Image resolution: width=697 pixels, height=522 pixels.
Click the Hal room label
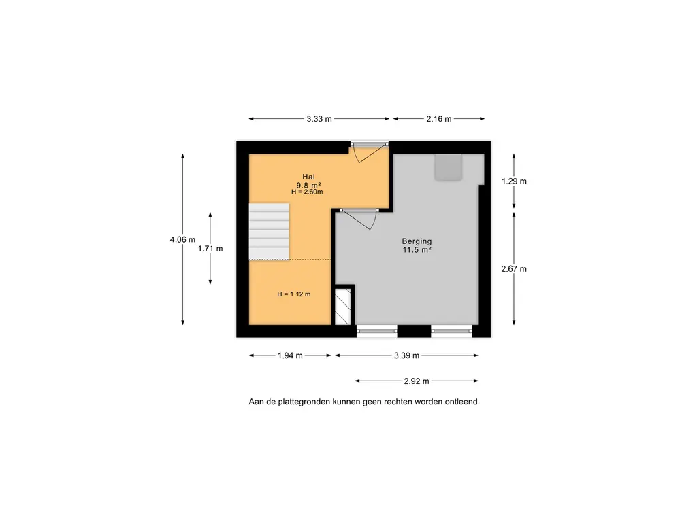point(308,177)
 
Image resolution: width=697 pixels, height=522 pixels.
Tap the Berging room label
point(417,241)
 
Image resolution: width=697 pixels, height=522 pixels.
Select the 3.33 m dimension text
point(319,119)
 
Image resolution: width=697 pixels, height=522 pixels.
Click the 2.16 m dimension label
point(439,119)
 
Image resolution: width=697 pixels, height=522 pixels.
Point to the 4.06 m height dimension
point(182,240)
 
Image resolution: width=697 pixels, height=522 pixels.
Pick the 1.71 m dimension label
point(210,249)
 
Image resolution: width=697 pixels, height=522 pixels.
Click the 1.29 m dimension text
point(514,181)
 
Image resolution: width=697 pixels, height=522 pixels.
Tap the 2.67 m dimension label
point(514,269)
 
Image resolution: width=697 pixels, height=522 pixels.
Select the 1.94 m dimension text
point(290,355)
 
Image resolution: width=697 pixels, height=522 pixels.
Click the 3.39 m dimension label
point(407,355)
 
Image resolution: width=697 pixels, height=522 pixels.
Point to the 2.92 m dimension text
point(417,381)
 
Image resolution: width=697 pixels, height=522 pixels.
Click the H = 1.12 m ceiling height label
point(294,294)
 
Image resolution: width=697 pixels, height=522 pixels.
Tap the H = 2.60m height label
point(307,192)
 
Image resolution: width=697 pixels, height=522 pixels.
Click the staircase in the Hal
point(269,232)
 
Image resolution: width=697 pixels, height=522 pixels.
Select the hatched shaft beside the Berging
point(343,307)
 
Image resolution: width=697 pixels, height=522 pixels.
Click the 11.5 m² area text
point(417,250)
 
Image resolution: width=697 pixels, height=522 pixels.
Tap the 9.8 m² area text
point(308,185)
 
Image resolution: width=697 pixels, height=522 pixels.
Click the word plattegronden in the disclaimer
point(304,402)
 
